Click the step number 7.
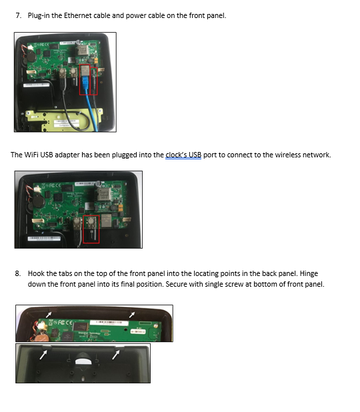point(19,15)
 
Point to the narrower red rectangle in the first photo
point(94,81)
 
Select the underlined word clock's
point(174,155)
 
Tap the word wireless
point(288,155)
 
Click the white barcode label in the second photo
point(44,239)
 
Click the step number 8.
point(18,273)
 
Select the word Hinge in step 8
point(309,273)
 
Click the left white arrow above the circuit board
point(49,314)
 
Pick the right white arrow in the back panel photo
point(116,355)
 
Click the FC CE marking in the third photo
point(62,323)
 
